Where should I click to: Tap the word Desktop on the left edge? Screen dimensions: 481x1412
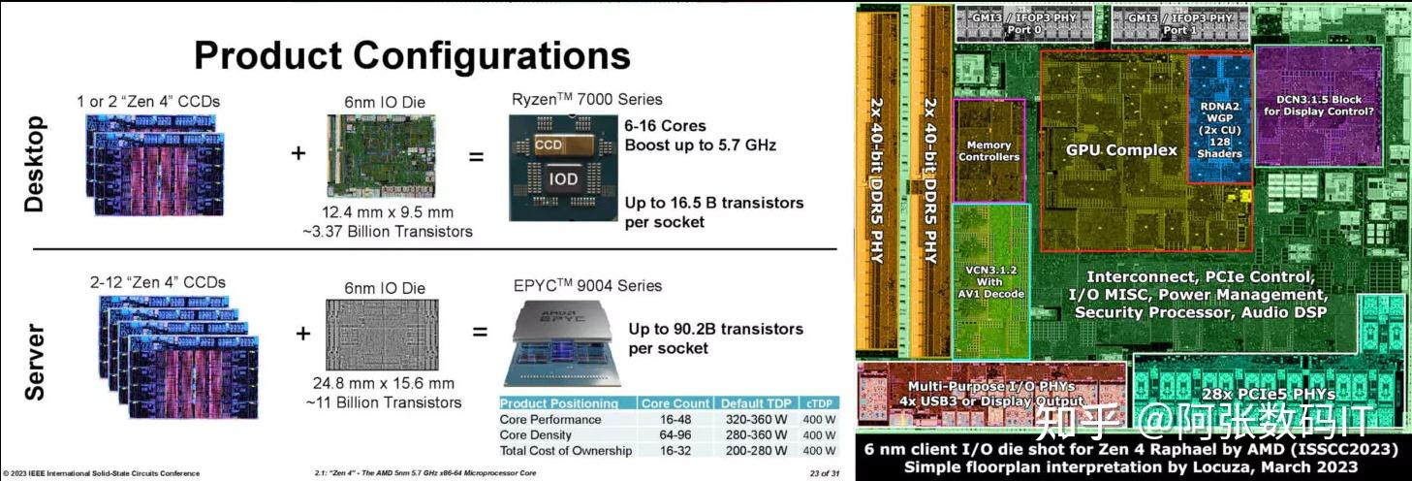click(35, 164)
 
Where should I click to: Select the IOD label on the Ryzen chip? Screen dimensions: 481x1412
click(563, 178)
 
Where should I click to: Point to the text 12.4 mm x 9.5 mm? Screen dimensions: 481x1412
click(387, 212)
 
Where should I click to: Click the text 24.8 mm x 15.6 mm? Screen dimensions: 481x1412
click(385, 384)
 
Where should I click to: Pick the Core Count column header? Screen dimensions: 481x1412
click(675, 403)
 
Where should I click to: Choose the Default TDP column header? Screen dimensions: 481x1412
click(755, 403)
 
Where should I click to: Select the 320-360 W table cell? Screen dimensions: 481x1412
click(755, 419)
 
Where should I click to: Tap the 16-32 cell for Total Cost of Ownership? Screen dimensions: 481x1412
click(675, 450)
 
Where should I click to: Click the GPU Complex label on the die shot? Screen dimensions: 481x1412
click(1121, 149)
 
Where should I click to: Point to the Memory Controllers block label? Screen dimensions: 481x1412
click(988, 150)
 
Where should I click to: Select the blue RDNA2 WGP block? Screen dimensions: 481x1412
click(1218, 119)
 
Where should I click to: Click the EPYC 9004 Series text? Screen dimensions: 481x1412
click(586, 286)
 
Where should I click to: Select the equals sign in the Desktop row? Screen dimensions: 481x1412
click(476, 155)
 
